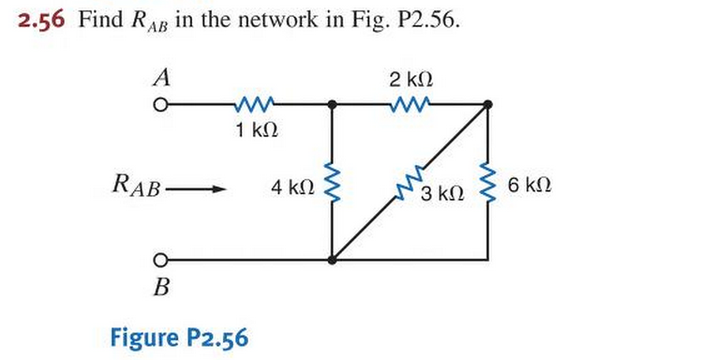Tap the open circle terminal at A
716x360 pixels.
click(161, 105)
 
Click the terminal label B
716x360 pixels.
click(160, 287)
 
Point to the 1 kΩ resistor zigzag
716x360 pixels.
click(256, 104)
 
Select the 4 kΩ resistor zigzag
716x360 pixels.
click(332, 183)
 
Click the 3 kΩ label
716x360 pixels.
click(441, 194)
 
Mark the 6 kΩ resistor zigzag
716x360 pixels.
click(487, 183)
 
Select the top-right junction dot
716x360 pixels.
click(487, 105)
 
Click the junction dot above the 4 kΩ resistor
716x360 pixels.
click(332, 105)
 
